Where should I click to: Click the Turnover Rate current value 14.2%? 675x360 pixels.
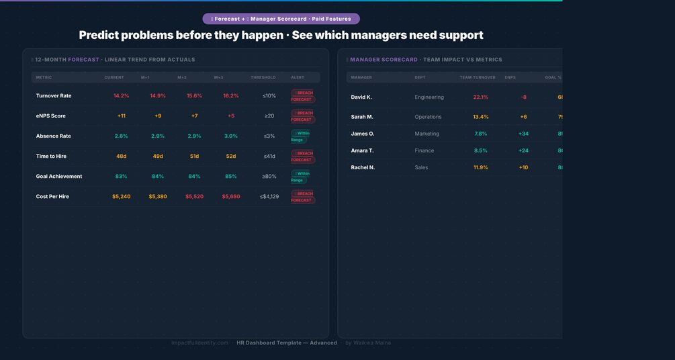121,96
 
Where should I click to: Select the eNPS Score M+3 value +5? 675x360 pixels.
231,116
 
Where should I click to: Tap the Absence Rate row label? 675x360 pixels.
53,136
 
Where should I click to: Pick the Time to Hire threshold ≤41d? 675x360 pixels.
269,156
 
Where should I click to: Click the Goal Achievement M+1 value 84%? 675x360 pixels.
158,177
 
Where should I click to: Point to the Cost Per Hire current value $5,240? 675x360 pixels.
122,197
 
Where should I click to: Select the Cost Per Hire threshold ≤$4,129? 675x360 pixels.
269,197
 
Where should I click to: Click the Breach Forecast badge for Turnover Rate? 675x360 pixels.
302,96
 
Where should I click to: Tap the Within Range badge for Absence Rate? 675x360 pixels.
300,136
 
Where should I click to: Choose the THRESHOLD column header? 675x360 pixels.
263,78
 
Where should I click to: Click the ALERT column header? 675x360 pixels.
298,78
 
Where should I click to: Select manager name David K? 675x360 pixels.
361,97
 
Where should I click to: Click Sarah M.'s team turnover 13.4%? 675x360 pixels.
481,117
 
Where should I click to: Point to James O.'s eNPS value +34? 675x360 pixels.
523,134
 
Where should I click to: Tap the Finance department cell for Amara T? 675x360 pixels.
424,150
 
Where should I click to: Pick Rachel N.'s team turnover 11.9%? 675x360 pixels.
481,167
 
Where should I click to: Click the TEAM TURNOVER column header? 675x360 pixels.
478,78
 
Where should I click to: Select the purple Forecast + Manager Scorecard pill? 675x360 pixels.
281,19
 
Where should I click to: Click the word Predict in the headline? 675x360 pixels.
101,36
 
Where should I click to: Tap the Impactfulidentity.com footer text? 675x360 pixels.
199,343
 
